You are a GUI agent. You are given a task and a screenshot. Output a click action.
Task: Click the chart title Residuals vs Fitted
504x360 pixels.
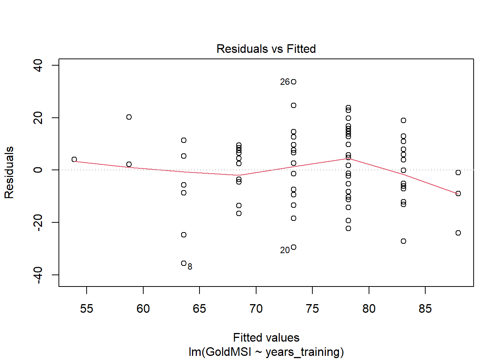coord(266,49)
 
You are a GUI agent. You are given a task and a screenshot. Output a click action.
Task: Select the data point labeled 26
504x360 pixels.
coord(294,82)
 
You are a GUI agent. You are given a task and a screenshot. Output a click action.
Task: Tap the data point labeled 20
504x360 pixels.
coord(294,247)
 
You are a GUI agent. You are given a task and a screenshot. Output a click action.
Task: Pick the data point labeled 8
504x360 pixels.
coord(184,263)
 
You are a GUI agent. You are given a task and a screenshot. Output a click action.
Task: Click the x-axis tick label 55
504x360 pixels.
coord(87,309)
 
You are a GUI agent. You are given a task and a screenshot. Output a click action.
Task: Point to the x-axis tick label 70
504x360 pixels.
coord(256,309)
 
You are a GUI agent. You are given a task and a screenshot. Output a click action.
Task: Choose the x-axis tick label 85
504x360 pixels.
coord(425,309)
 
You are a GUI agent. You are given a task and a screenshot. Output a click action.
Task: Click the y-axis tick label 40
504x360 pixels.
coord(38,65)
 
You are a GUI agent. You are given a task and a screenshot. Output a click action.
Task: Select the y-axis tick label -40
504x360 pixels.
coord(38,275)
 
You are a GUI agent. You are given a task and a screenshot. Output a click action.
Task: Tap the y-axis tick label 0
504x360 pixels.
coord(38,170)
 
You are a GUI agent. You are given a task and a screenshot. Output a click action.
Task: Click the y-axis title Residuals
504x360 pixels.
coord(9,172)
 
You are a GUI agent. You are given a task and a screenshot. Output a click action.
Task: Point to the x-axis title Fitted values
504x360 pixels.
coord(266,337)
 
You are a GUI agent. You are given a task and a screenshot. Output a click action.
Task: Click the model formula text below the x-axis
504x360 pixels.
coord(266,352)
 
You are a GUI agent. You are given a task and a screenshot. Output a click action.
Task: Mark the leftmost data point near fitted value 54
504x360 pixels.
coord(74,159)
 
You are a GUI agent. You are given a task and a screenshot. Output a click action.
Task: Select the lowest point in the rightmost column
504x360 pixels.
coord(458,233)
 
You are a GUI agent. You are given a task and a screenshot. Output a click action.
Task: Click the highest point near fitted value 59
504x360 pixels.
coord(129,117)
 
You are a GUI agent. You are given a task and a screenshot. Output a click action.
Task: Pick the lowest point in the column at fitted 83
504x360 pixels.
coord(403,241)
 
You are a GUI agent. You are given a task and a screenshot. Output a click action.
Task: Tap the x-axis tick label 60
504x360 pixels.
coord(143,309)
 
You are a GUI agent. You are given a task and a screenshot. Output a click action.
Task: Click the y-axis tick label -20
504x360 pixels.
coord(38,222)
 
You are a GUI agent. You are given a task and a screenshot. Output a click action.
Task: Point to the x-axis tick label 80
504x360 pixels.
coord(369,309)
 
